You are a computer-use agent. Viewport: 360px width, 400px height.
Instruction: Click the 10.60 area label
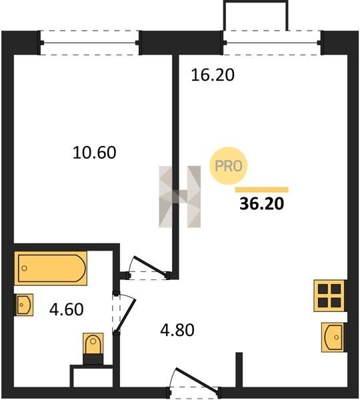pyautogui.click(x=95, y=153)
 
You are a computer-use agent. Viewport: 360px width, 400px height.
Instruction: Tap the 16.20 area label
pyautogui.click(x=213, y=75)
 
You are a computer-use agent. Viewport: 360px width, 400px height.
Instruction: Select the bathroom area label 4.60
pyautogui.click(x=67, y=309)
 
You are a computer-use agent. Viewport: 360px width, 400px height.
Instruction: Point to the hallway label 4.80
pyautogui.click(x=177, y=330)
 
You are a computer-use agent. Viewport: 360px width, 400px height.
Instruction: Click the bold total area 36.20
pyautogui.click(x=262, y=204)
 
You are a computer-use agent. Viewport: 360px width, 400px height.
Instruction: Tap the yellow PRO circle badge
pyautogui.click(x=229, y=166)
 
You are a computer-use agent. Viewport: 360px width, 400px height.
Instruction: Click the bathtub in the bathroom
pyautogui.click(x=51, y=268)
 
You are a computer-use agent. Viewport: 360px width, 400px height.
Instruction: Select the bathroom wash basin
pyautogui.click(x=24, y=305)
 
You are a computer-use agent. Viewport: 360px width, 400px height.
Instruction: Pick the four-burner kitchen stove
pyautogui.click(x=329, y=295)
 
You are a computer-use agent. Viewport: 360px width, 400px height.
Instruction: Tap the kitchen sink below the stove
pyautogui.click(x=333, y=337)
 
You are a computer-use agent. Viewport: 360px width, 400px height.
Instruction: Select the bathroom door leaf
pyautogui.click(x=125, y=316)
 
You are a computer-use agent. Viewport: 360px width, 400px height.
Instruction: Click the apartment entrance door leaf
pyautogui.click(x=197, y=379)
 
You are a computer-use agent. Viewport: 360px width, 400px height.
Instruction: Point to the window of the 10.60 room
pyautogui.click(x=89, y=43)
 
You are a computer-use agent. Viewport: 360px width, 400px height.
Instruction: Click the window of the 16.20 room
pyautogui.click(x=272, y=43)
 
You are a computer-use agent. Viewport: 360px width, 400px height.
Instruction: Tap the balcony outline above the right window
pyautogui.click(x=255, y=1)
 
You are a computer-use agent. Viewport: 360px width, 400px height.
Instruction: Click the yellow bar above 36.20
pyautogui.click(x=262, y=189)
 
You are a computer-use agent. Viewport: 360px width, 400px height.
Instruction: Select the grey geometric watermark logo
pyautogui.click(x=179, y=197)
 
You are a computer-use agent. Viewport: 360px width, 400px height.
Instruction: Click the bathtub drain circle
pyautogui.click(x=25, y=268)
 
